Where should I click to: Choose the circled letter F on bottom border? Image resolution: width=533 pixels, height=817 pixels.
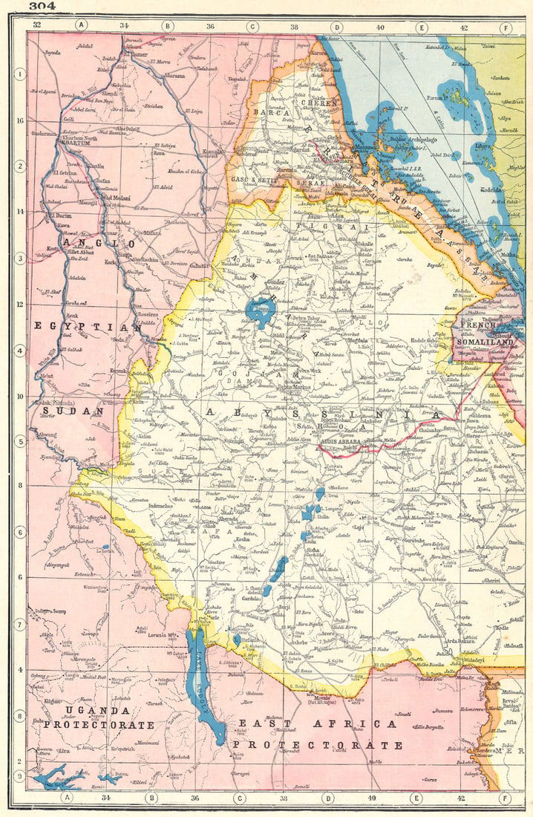(505, 798)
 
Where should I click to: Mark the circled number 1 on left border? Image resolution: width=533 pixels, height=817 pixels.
(19, 74)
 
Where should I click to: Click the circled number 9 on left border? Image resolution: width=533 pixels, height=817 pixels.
(19, 775)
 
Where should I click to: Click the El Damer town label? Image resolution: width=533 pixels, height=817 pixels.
(137, 54)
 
